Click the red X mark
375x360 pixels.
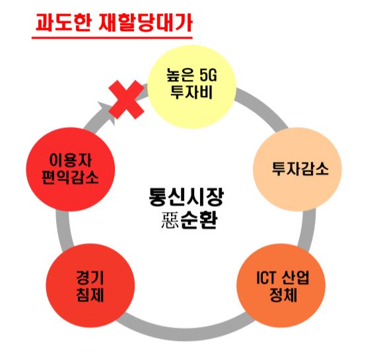click(126, 100)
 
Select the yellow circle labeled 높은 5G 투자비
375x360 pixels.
click(192, 87)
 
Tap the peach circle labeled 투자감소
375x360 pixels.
click(297, 169)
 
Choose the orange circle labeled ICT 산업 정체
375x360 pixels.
click(281, 285)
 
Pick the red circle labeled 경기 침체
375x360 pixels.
click(90, 285)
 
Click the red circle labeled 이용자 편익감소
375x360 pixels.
click(71, 169)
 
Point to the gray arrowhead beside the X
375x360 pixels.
click(107, 112)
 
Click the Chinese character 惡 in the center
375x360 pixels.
click(170, 220)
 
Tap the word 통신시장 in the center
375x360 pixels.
click(186, 197)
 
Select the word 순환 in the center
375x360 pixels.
click(199, 220)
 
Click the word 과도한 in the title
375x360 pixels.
click(63, 22)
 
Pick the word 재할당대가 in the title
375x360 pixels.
click(145, 22)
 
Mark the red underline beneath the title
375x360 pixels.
click(112, 37)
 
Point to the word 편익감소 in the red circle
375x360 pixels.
click(70, 177)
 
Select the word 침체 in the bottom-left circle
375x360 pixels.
click(90, 295)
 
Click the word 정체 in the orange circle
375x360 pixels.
click(283, 295)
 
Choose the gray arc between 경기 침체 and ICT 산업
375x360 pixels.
click(186, 333)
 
